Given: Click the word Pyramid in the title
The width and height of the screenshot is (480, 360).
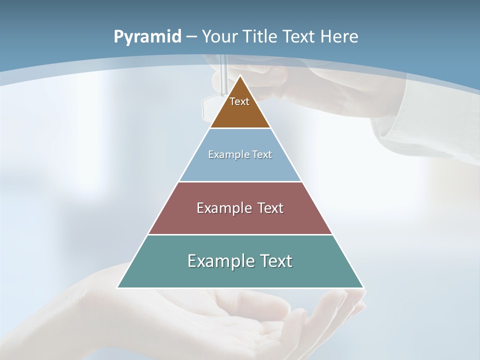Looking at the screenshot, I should (147, 37).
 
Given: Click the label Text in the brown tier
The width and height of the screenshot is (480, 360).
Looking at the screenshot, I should (239, 101).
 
